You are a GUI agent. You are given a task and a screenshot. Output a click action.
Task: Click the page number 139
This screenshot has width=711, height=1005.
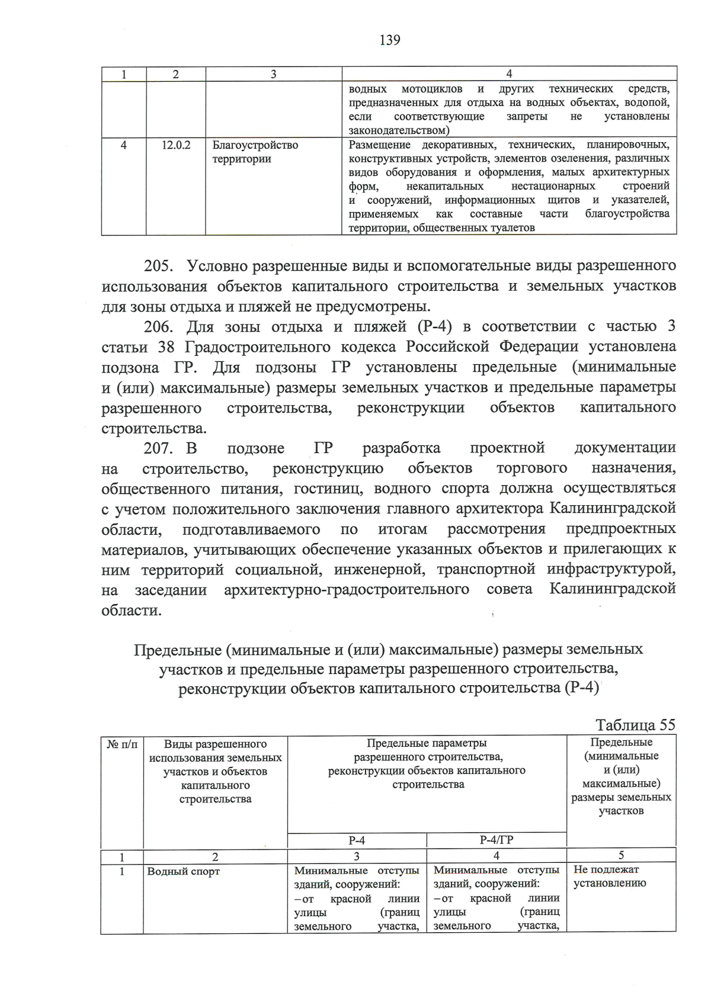389,40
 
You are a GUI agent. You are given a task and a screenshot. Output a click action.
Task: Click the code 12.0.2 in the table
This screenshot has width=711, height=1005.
176,145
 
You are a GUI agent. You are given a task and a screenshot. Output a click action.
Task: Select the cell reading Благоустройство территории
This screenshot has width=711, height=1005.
255,152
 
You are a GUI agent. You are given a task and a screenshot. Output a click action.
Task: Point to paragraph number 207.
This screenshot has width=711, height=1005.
159,448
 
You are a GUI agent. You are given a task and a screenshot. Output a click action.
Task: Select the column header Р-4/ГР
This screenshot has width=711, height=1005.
496,840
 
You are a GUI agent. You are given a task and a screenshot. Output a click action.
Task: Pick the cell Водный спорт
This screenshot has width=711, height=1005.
184,871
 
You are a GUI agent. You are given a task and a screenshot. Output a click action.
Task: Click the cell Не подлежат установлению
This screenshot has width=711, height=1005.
609,876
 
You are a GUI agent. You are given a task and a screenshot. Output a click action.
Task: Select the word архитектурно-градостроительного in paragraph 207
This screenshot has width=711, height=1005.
347,590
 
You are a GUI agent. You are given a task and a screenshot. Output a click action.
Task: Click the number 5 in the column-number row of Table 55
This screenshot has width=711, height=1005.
621,855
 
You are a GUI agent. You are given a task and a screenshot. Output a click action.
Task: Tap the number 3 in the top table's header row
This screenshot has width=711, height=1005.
273,74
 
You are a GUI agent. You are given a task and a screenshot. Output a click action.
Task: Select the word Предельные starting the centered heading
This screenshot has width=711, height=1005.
177,650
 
